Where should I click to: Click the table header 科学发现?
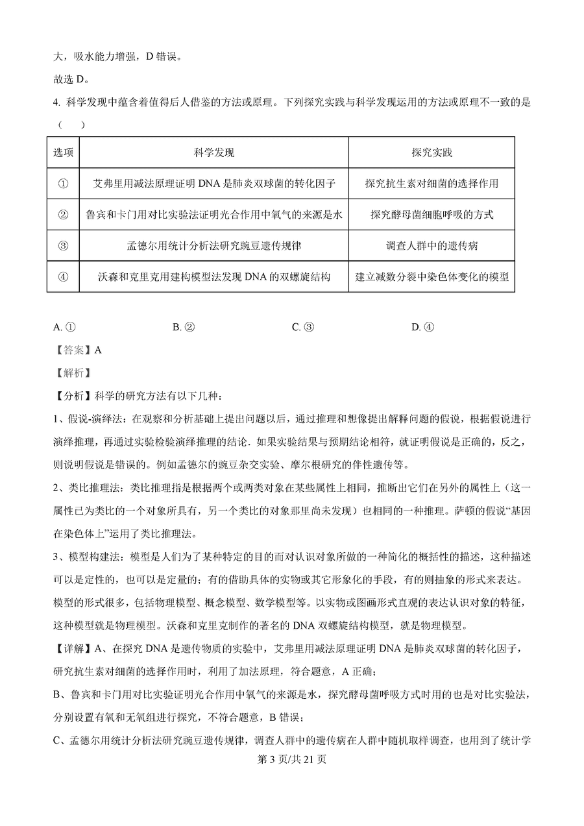[213, 153]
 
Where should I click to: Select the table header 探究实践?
[432, 153]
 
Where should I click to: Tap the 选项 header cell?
[63, 153]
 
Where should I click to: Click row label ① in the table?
[63, 184]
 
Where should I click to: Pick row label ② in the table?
[63, 215]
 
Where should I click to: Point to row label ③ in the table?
[63, 246]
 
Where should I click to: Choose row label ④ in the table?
[63, 277]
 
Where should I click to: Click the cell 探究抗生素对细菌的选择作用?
[432, 184]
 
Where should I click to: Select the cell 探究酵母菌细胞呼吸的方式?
[432, 215]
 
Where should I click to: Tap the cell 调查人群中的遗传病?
[432, 246]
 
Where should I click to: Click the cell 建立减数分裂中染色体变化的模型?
[432, 277]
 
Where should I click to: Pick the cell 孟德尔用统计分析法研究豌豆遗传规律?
[213, 246]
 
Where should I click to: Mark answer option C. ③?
[303, 327]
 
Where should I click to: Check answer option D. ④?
[422, 327]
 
